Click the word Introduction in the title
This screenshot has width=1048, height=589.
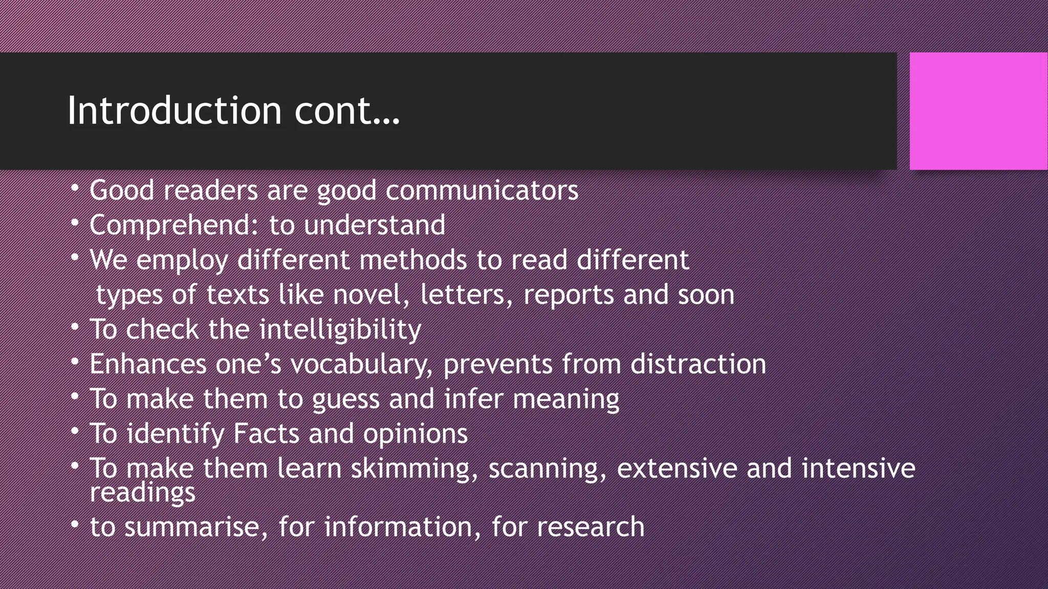174,110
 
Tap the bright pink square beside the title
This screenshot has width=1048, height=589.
978,111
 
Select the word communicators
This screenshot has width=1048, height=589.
482,191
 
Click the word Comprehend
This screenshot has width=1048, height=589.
170,225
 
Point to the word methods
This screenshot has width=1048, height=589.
413,260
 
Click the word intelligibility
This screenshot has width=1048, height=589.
340,330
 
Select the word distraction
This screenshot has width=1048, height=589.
698,364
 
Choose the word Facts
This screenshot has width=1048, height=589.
266,434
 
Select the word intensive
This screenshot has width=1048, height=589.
858,468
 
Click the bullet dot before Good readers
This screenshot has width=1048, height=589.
75,188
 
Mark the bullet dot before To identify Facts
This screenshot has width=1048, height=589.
75,432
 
